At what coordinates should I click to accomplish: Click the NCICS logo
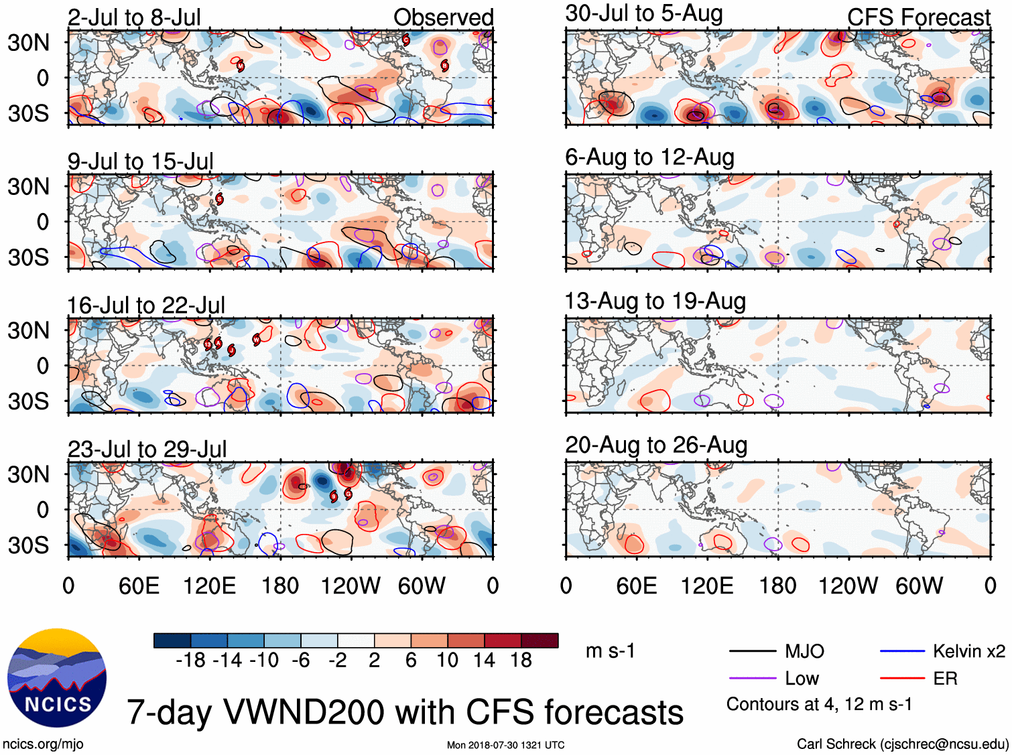coord(56,678)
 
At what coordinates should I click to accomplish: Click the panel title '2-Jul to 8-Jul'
coord(134,17)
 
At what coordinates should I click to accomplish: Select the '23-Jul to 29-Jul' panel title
coord(147,449)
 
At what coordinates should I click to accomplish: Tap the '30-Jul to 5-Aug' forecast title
coord(643,13)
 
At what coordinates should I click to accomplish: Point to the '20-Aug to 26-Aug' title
coord(656,445)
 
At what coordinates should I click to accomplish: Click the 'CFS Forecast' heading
coord(918,17)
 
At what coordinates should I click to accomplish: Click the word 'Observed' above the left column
coord(443,17)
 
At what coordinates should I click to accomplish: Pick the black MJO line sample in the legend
coord(752,651)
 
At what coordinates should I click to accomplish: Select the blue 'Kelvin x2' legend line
coord(902,651)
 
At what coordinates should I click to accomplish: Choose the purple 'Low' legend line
coord(752,679)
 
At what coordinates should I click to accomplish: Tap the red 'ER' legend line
coord(902,679)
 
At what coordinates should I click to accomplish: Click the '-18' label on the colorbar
coord(190,661)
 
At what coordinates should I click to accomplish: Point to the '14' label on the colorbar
coord(484,661)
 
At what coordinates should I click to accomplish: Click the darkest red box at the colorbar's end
coord(540,640)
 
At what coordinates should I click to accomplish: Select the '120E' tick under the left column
coord(209,586)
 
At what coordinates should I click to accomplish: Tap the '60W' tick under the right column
coord(919,586)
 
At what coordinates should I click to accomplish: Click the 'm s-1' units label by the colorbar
coord(610,651)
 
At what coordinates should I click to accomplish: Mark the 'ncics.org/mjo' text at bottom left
coord(43,744)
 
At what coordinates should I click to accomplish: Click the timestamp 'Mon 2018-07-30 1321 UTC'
coord(505,745)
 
